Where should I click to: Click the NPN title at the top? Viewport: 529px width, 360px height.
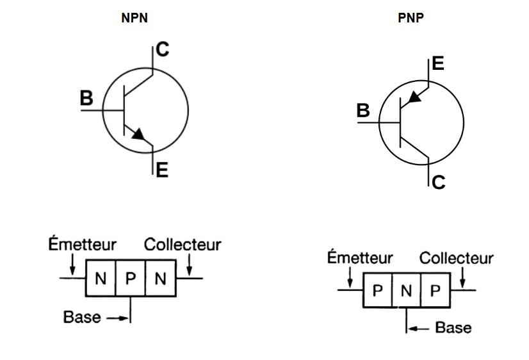(134, 18)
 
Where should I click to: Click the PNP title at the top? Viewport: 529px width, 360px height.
(411, 18)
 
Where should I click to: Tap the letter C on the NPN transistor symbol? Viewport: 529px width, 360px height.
(163, 50)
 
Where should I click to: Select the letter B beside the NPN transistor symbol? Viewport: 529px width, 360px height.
(86, 99)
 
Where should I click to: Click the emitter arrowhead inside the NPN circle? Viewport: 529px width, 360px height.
(138, 134)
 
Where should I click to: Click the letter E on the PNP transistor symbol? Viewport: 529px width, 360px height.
(438, 64)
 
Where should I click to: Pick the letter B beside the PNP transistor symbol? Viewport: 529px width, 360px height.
(363, 111)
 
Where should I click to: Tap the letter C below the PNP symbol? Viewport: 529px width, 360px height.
(438, 183)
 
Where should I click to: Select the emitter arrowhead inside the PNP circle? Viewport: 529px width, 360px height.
(414, 97)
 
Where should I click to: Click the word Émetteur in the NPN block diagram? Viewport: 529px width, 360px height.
(83, 245)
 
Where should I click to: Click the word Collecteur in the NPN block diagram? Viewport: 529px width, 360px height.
(183, 245)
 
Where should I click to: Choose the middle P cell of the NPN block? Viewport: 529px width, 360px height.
(130, 279)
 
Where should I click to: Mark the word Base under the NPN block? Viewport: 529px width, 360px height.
(81, 316)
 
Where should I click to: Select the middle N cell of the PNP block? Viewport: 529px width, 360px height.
(406, 291)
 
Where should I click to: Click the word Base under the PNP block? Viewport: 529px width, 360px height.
(453, 328)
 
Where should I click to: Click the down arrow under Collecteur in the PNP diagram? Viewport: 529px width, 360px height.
(464, 277)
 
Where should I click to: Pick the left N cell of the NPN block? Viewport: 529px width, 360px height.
(101, 279)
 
